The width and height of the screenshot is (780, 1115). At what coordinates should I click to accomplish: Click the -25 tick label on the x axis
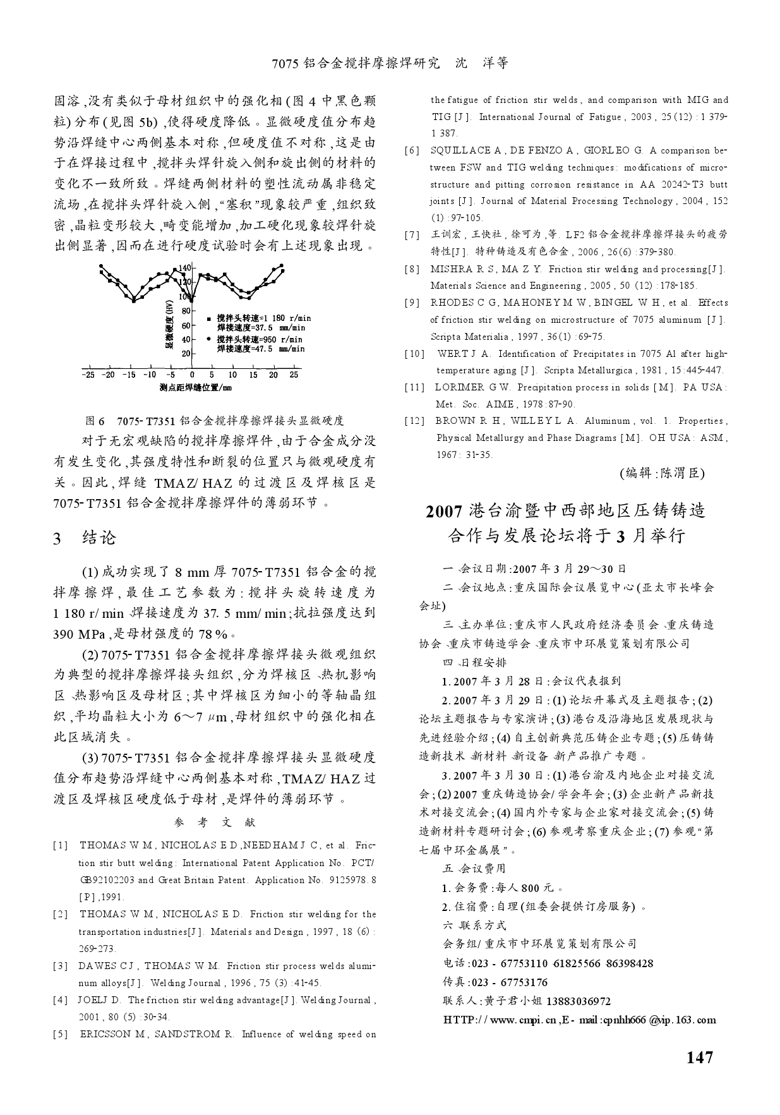(88, 375)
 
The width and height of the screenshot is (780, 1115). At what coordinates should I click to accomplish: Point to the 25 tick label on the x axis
(294, 375)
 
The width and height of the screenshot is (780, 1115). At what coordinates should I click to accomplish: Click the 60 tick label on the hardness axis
(186, 326)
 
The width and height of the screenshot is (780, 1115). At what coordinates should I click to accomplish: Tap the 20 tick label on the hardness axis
(186, 354)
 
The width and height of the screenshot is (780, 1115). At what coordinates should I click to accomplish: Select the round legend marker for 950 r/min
(209, 340)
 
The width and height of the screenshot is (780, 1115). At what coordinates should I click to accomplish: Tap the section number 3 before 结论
(57, 539)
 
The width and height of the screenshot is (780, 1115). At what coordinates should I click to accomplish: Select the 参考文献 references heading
(214, 823)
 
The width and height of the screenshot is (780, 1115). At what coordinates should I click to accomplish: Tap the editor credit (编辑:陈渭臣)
(661, 473)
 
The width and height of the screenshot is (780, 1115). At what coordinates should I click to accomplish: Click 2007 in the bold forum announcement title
(444, 511)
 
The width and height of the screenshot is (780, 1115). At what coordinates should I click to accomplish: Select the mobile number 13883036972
(579, 1001)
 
